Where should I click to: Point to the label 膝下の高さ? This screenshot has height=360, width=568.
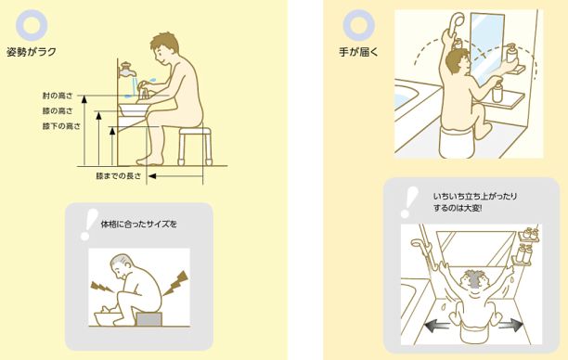pos(61,125)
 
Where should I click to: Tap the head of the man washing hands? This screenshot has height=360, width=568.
pos(167,45)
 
